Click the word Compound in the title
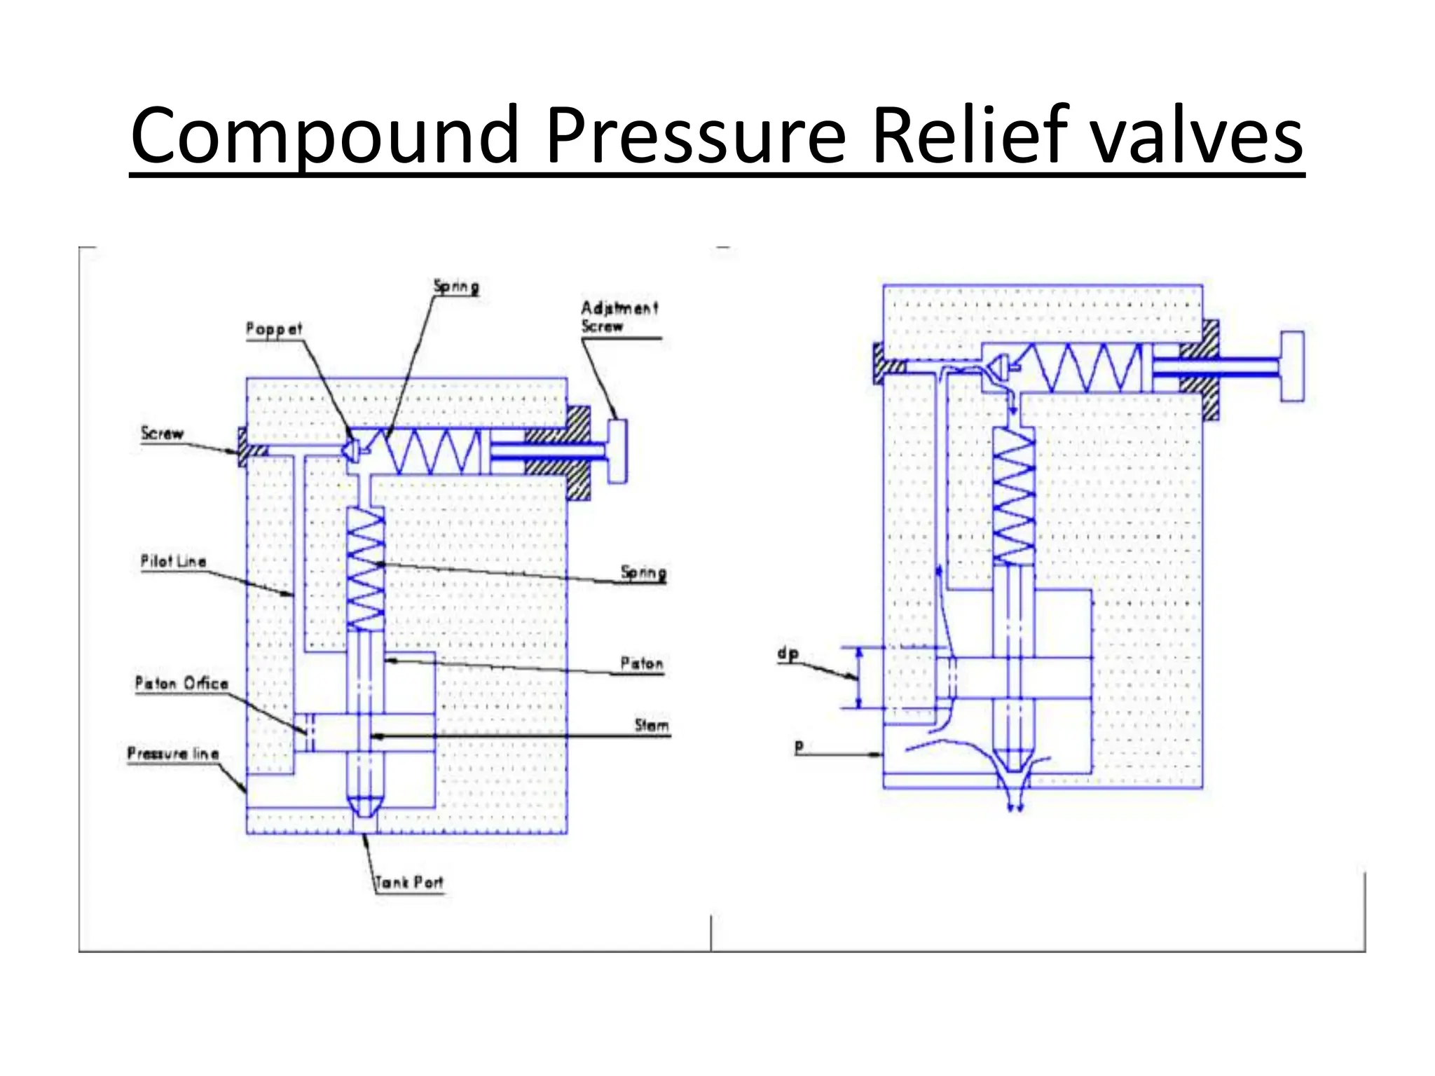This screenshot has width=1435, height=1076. coord(324,134)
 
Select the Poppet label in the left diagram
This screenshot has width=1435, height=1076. coord(273,329)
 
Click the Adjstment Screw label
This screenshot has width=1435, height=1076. coord(619,317)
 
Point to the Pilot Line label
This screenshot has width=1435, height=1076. coord(173,561)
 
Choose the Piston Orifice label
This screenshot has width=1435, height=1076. coord(181,683)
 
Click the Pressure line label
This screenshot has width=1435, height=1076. coord(173,754)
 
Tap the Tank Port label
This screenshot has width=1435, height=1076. coord(410,882)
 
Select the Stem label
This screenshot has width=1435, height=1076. coord(652,725)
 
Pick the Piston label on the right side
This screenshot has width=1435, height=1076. coord(641,663)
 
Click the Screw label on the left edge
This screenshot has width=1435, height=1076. coord(162,433)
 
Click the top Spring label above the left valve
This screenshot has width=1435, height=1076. coord(456,286)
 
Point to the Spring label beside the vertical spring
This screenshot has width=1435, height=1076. coord(643,572)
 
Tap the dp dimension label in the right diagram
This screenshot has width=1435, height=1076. coord(788,654)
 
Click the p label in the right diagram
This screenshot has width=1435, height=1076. coord(799,747)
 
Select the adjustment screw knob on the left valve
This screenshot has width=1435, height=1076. coord(617,451)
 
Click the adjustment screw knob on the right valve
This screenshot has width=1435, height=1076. coord(1292,366)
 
